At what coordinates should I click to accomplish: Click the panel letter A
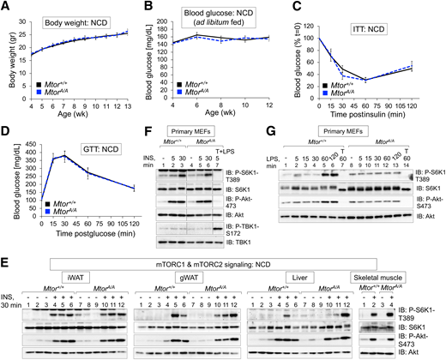coord(6,7)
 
